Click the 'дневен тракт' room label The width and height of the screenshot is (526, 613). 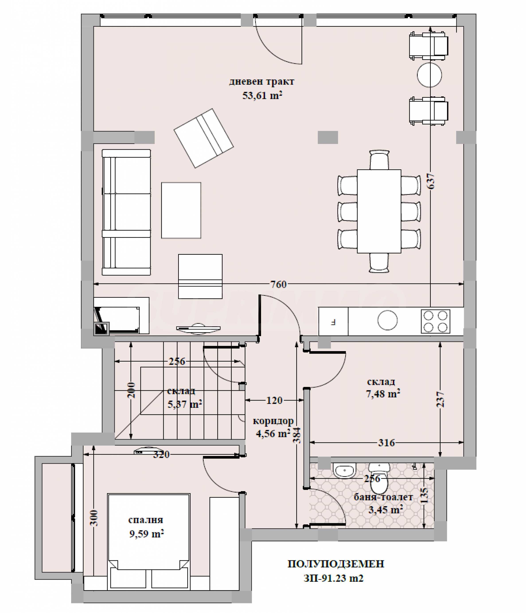[262, 82]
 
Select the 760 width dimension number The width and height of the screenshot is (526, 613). [279, 284]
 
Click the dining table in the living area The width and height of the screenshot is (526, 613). [379, 211]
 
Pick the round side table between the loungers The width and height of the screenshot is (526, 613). [429, 75]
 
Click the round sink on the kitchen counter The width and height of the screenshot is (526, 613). [388, 320]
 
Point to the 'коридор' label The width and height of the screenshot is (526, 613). [273, 421]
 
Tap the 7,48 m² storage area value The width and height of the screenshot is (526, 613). [383, 394]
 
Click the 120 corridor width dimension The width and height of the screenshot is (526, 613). [274, 400]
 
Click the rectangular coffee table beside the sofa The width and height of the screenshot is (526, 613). [181, 210]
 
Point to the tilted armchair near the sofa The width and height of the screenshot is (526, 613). [204, 138]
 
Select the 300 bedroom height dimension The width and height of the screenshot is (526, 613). [94, 518]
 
